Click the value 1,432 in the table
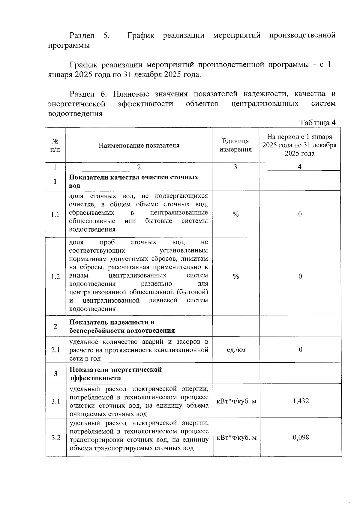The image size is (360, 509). point(301,401)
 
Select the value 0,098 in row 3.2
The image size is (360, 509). point(301,437)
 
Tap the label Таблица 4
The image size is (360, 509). point(317,123)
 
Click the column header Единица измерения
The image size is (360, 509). point(235,145)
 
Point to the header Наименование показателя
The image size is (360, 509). point(139,145)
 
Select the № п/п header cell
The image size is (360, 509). point(55,145)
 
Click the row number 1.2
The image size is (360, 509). point(55,276)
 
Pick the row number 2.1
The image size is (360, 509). point(55,350)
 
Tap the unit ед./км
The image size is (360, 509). point(236,350)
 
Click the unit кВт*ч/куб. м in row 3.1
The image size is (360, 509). point(236,401)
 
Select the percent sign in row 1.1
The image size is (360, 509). point(236,214)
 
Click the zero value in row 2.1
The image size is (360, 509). point(300,349)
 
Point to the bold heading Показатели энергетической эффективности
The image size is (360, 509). point(116,373)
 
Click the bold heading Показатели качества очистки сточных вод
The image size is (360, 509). point(133,181)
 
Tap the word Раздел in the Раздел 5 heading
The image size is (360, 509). point(82,35)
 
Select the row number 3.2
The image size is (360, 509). point(56,438)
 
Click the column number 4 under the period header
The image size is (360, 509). point(300,167)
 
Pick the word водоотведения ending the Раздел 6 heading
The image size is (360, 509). point(75,114)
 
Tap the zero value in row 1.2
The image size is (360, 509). point(300,276)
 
